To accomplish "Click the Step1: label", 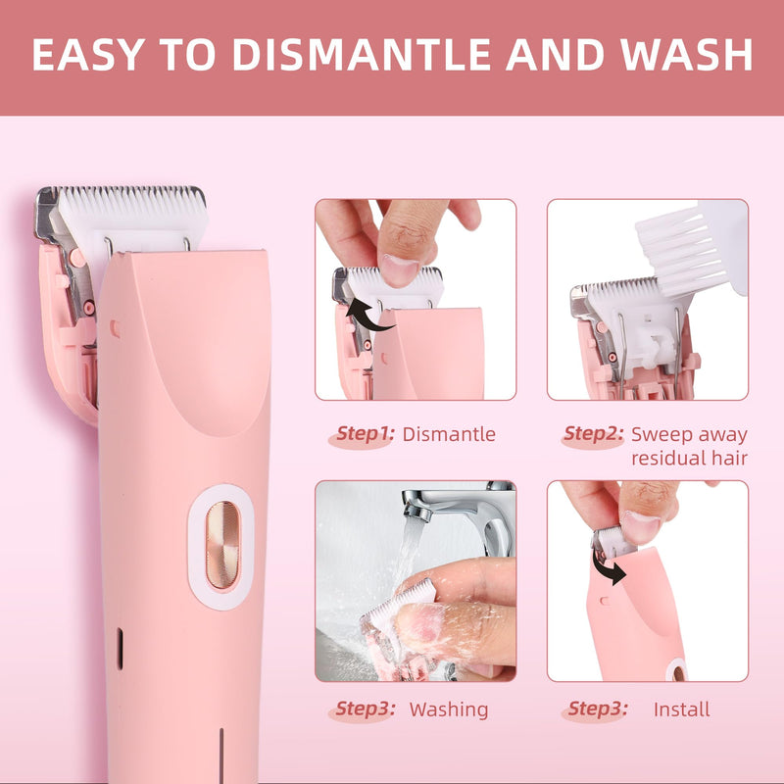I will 364,434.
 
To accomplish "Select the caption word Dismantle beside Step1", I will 449,434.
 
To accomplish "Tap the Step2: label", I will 593,434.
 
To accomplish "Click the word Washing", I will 449,709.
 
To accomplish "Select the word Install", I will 682,709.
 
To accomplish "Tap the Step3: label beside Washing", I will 364,709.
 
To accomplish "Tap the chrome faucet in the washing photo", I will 461,510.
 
